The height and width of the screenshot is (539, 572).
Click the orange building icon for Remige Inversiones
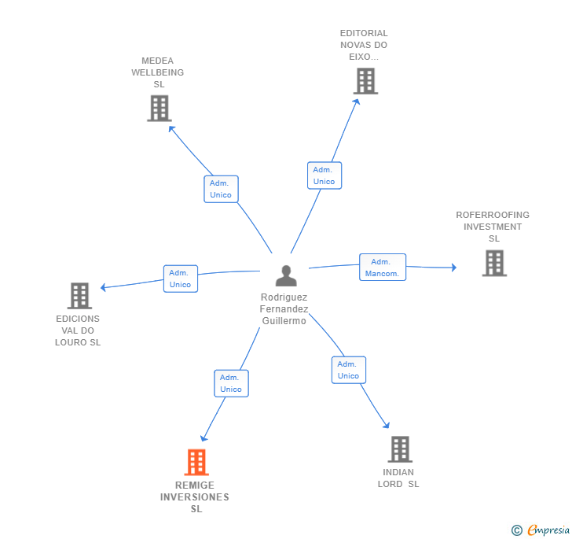click(196, 462)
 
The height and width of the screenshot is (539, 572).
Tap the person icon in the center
click(286, 275)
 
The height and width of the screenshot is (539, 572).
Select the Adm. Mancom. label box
click(383, 267)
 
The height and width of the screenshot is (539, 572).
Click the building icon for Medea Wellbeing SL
click(159, 108)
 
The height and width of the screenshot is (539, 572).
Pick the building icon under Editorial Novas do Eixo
click(365, 81)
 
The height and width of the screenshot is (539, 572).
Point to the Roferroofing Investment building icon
click(494, 263)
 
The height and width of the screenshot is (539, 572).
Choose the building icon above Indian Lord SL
click(400, 449)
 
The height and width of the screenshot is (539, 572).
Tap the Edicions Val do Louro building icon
click(79, 296)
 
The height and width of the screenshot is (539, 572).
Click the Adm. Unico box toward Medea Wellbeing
click(221, 189)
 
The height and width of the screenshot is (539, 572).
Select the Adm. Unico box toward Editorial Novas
click(324, 175)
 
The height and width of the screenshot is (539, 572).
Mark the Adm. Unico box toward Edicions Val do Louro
click(180, 279)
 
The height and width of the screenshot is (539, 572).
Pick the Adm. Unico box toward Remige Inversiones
click(231, 383)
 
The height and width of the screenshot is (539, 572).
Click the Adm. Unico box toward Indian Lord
click(348, 370)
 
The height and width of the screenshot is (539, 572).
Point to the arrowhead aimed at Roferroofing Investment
click(454, 268)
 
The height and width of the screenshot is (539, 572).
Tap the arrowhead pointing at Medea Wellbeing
click(172, 129)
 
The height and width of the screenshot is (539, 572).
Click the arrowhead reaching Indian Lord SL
click(387, 425)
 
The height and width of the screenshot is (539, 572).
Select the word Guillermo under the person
click(284, 321)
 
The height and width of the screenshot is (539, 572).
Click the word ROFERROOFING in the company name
click(493, 215)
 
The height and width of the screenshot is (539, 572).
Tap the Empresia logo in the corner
click(541, 530)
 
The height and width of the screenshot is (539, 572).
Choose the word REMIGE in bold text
click(195, 485)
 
